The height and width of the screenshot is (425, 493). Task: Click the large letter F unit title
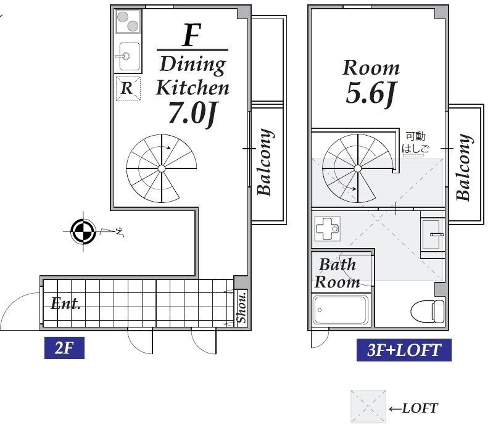[x=192, y=35]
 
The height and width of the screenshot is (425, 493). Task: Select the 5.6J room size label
[x=371, y=93]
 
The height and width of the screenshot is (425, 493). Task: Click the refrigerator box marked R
[x=128, y=88]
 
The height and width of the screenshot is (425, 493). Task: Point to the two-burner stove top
[x=128, y=22]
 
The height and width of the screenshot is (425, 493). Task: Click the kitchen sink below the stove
[x=130, y=56]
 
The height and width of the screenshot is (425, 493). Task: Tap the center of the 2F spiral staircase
[x=161, y=169]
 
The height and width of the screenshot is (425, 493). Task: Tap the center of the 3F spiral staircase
[x=357, y=169]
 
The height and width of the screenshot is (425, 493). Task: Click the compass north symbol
[x=83, y=232]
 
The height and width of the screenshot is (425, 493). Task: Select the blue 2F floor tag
[x=64, y=348]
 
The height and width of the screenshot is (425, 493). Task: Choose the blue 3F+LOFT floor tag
[x=404, y=350]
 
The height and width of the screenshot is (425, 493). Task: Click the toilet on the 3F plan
[x=428, y=311]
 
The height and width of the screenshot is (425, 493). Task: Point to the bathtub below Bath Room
[x=340, y=310]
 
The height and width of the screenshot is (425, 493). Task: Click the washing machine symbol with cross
[x=327, y=228]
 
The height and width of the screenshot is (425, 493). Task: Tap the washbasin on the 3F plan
[x=433, y=234]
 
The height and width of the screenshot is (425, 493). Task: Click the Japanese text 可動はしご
[x=415, y=142]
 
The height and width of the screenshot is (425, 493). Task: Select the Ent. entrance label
[x=65, y=303]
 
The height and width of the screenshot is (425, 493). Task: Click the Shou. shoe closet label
[x=242, y=308]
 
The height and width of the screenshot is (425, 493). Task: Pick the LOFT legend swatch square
[x=368, y=406]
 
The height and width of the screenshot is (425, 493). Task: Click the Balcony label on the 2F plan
[x=265, y=162]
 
